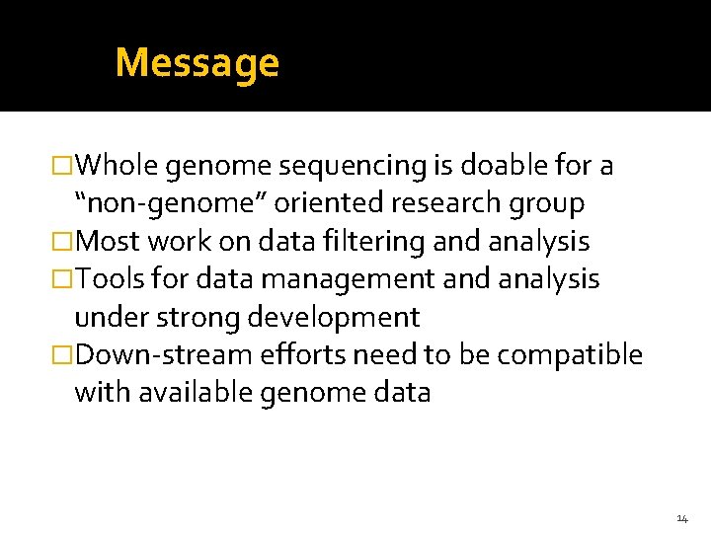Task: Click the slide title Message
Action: coord(197,63)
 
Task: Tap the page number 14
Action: coord(682,518)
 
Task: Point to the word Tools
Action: coord(111,279)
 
